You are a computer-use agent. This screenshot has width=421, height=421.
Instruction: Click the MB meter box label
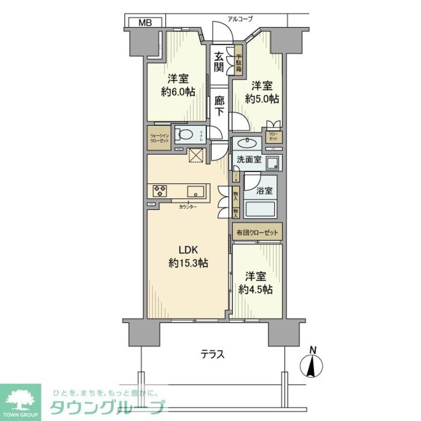145,22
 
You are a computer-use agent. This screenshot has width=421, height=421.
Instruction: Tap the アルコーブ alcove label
240,19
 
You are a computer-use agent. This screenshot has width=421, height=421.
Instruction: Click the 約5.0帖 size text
262,99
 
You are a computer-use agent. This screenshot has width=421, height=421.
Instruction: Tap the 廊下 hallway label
219,106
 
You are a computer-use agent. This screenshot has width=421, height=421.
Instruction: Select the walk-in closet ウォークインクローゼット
160,139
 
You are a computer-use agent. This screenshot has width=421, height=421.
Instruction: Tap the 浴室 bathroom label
264,190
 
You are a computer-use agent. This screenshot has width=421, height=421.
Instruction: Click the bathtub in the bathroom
260,208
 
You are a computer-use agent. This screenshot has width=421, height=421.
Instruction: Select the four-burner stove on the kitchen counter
160,191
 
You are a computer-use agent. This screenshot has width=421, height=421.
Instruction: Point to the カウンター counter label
187,207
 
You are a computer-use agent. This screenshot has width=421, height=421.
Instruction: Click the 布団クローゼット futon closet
257,231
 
